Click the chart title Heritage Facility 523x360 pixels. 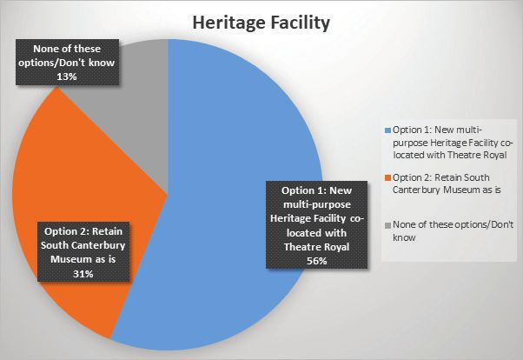261,23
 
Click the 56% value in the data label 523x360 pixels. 316,261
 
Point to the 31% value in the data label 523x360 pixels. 83,274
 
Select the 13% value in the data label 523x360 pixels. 67,77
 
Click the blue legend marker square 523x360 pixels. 387,130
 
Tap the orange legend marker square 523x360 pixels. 387,178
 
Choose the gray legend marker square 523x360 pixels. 387,225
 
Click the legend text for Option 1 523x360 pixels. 453,143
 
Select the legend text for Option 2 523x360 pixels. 447,183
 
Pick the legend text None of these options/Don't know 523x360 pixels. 453,230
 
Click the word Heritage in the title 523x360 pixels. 228,23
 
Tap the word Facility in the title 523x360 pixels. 301,23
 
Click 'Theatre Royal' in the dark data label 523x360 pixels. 316,247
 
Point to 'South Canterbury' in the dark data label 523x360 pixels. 83,245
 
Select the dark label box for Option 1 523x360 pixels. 316,224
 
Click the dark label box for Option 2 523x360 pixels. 83,251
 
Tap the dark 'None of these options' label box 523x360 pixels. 67,62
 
